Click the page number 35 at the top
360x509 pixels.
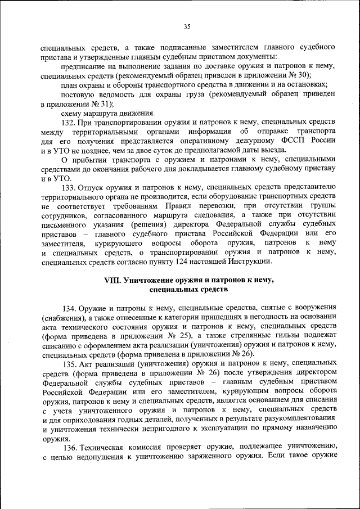pos(187,25)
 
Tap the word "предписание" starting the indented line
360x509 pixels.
pos(82,66)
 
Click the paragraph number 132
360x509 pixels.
pos(69,123)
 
